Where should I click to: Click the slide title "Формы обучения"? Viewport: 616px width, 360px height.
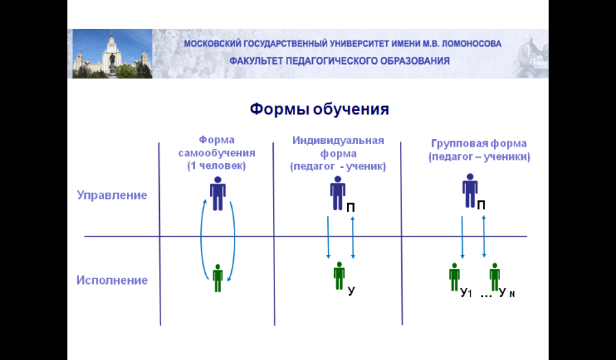click(x=320, y=109)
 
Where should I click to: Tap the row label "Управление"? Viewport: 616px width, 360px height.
click(x=112, y=195)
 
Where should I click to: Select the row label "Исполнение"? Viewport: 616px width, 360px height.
click(x=112, y=280)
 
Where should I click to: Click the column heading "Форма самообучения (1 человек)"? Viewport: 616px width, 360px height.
click(x=217, y=153)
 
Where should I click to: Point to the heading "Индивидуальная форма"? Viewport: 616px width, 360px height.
click(x=338, y=147)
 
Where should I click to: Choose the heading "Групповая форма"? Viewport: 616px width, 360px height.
click(x=479, y=143)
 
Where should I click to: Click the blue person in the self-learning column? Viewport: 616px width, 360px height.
click(x=217, y=193)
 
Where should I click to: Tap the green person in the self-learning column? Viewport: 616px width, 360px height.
click(x=217, y=278)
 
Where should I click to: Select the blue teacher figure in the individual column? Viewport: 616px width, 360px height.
click(x=337, y=193)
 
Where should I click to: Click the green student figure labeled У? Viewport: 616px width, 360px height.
click(x=339, y=276)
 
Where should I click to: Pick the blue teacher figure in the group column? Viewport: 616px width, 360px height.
click(x=470, y=191)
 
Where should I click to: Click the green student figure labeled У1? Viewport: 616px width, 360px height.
click(x=455, y=277)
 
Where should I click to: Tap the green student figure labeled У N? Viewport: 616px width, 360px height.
click(x=495, y=277)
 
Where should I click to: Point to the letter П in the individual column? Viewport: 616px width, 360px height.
click(x=351, y=208)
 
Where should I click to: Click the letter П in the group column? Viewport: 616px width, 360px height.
click(x=482, y=205)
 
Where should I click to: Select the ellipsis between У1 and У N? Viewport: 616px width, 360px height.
click(x=486, y=296)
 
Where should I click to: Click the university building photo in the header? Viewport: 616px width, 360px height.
click(x=112, y=53)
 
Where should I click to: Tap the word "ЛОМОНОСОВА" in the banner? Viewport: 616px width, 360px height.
click(x=471, y=44)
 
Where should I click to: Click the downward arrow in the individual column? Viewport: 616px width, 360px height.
click(x=328, y=237)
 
